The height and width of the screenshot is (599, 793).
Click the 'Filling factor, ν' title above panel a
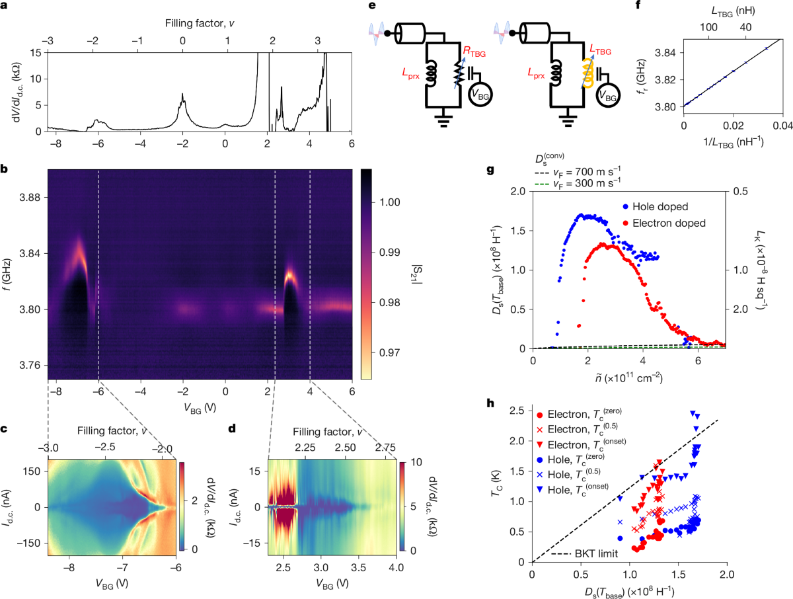(199, 24)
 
